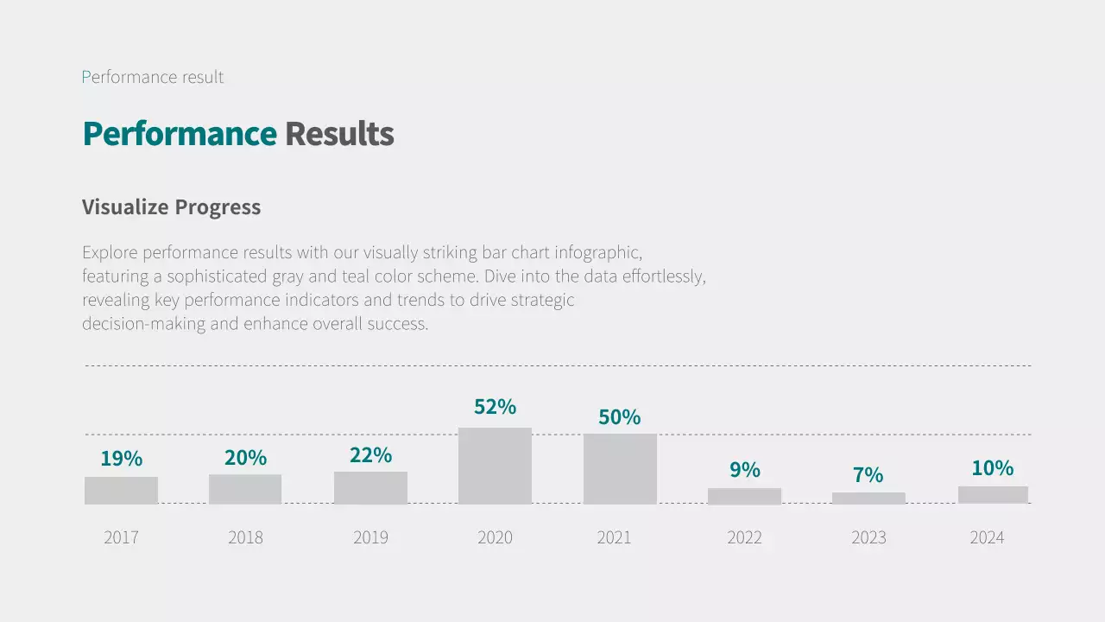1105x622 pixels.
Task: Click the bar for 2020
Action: click(x=495, y=466)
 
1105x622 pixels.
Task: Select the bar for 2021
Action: click(x=620, y=468)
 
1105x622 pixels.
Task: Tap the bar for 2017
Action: click(x=121, y=490)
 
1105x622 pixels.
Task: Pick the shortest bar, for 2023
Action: click(x=868, y=498)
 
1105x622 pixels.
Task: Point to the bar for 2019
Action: click(x=370, y=487)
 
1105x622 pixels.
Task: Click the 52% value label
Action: click(x=495, y=406)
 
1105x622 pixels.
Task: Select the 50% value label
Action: click(x=620, y=417)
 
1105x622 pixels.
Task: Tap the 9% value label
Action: click(x=744, y=470)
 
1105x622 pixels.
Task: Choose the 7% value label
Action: click(x=868, y=475)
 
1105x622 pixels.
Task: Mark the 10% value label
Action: click(x=992, y=468)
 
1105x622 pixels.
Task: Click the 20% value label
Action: click(x=245, y=458)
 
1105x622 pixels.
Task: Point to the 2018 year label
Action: click(x=245, y=537)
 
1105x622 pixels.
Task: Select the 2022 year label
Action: click(x=744, y=537)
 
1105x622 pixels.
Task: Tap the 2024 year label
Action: click(x=987, y=537)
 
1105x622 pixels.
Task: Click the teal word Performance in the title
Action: click(x=180, y=134)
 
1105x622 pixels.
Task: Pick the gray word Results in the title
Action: click(x=339, y=134)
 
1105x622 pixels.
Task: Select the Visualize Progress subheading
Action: click(x=171, y=207)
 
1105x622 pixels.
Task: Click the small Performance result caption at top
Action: click(x=153, y=77)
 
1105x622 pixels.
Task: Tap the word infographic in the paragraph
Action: click(x=597, y=253)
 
